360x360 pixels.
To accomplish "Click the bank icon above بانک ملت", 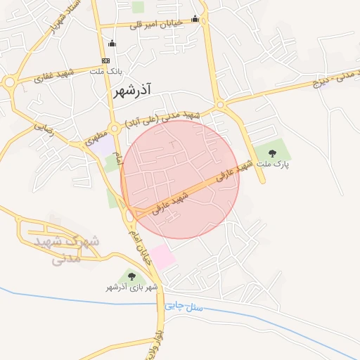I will click(105, 60).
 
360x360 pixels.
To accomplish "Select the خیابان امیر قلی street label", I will click(155, 24).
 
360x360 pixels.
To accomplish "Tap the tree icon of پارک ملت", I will click(272, 152).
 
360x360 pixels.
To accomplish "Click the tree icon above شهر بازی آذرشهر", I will click(131, 276).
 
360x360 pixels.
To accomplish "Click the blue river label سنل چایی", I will click(184, 307).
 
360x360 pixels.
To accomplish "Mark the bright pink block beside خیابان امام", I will click(162, 257).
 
